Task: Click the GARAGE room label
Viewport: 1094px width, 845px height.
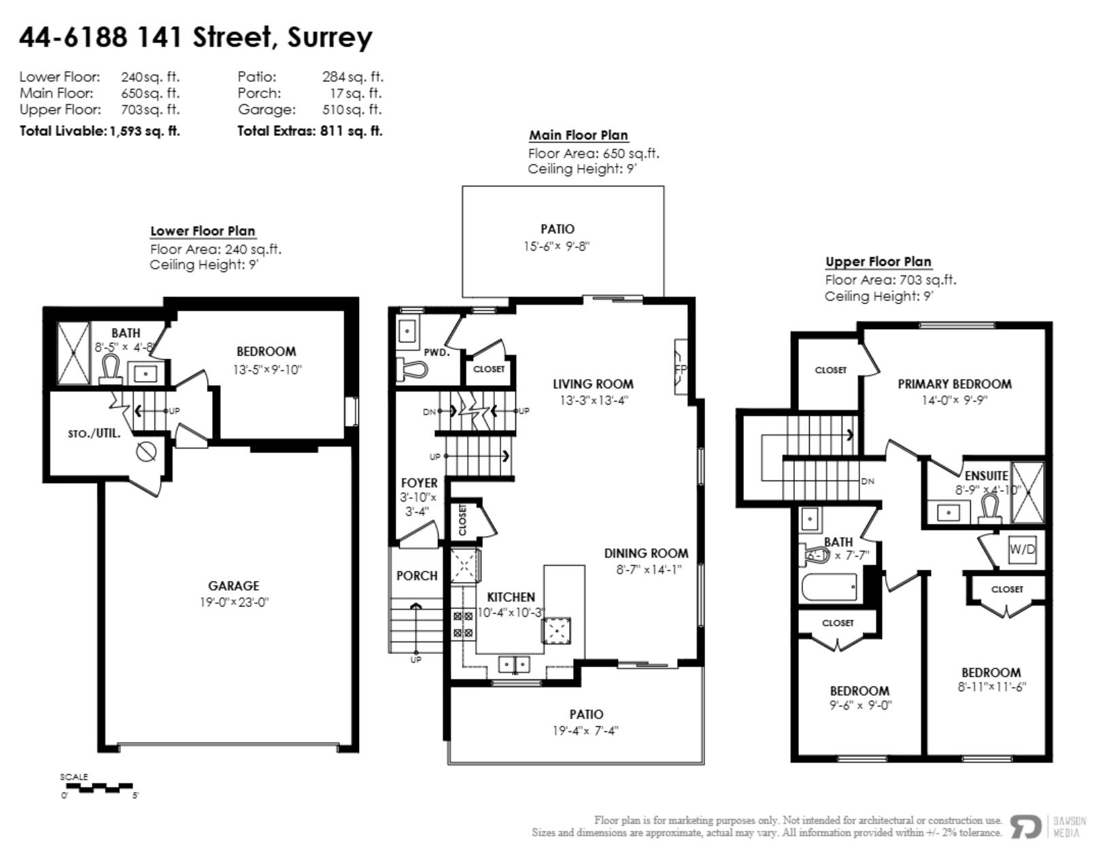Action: click(x=233, y=585)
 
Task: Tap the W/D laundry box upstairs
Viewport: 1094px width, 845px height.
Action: click(x=1022, y=549)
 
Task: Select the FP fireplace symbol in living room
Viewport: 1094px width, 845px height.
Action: click(x=681, y=368)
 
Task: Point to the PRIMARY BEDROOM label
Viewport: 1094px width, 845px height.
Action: click(x=954, y=384)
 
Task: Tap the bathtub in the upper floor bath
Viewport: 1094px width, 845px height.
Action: click(x=830, y=587)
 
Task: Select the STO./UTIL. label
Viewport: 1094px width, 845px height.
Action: click(x=94, y=433)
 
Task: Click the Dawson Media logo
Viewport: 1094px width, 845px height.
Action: click(x=1027, y=826)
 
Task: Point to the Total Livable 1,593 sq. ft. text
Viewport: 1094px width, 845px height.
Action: click(x=100, y=131)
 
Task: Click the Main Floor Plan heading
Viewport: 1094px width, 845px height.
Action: click(x=578, y=135)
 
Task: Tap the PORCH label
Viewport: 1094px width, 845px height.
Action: click(x=416, y=576)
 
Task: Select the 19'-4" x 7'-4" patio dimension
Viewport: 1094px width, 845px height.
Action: click(x=585, y=731)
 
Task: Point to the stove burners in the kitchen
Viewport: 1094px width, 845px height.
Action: click(x=463, y=625)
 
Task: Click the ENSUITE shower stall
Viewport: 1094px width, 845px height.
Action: click(x=1027, y=493)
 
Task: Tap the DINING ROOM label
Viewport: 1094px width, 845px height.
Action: click(x=645, y=553)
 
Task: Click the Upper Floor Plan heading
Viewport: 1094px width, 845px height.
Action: click(x=878, y=262)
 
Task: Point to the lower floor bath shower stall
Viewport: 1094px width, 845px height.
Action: click(x=73, y=353)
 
